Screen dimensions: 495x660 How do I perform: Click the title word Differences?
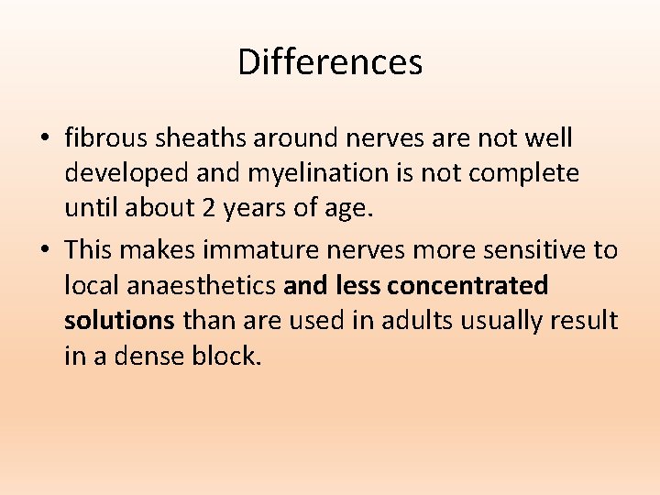tap(330, 62)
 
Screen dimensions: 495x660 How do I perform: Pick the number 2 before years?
tap(210, 209)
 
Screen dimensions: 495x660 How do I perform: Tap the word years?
tap(251, 209)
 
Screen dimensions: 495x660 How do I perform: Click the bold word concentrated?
tap(467, 285)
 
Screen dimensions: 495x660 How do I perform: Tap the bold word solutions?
tap(119, 321)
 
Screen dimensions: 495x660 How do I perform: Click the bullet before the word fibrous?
tap(45, 139)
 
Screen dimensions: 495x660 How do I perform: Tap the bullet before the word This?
tap(45, 250)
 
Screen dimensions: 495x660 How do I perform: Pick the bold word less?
tap(359, 285)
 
